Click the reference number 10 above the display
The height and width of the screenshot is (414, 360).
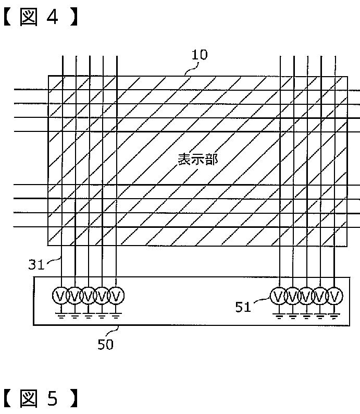pos(200,54)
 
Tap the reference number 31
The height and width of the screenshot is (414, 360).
pos(36,264)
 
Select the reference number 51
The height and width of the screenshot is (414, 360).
pos(243,307)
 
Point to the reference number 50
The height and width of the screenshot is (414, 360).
pos(105,344)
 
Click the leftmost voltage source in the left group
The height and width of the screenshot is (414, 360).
pos(60,296)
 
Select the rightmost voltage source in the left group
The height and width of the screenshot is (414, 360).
pos(117,296)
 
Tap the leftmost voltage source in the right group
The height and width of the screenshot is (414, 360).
pos(279,296)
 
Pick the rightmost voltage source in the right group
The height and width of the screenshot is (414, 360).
pos(335,296)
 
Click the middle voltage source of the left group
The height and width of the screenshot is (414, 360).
pos(89,296)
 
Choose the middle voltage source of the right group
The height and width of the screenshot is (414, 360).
pos(307,296)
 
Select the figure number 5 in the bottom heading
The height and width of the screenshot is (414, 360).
pos(52,399)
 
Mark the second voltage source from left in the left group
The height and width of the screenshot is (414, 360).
pos(75,296)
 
